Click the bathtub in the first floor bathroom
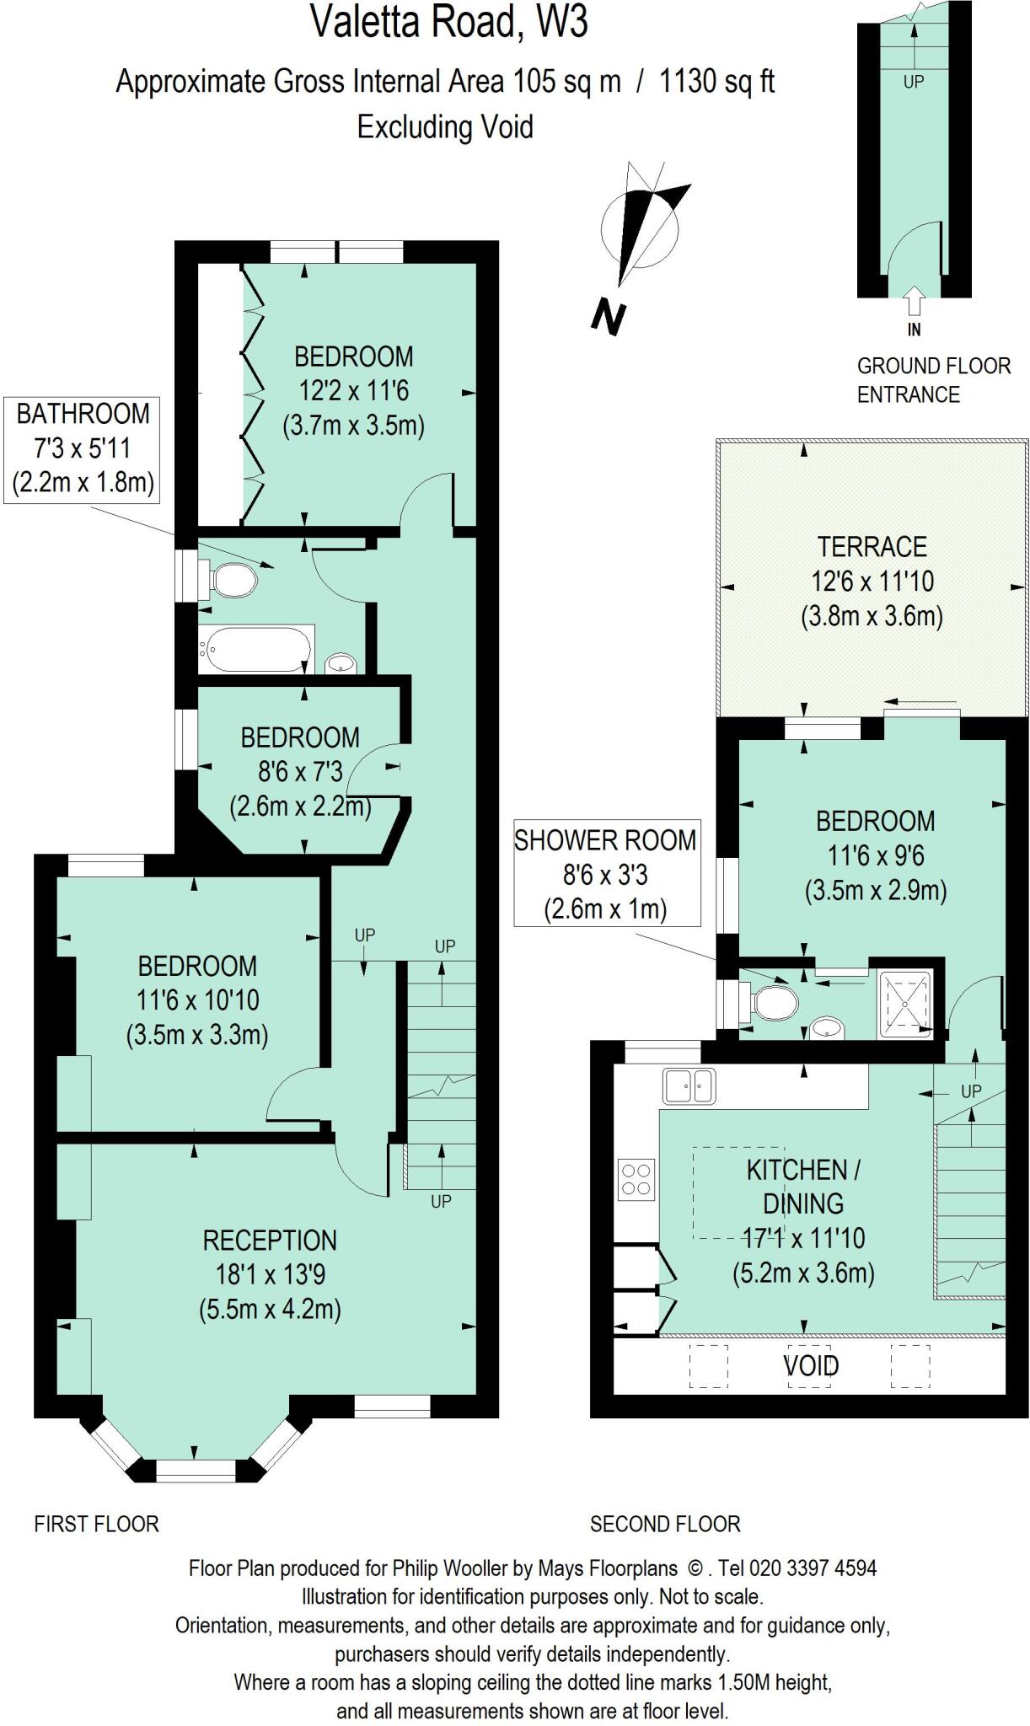pos(255,650)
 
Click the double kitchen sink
pos(689,1085)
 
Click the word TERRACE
pos(872,547)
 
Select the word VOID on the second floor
pos(811,1366)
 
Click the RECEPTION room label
pos(270,1241)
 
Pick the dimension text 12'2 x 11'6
pos(353,391)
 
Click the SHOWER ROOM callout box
pos(606,874)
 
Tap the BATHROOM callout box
pos(83,448)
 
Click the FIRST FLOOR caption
pos(96,1524)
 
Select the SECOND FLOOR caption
pos(665,1524)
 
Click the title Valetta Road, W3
pos(448,22)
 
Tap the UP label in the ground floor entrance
pos(914,82)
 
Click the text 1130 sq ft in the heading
pos(716,82)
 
